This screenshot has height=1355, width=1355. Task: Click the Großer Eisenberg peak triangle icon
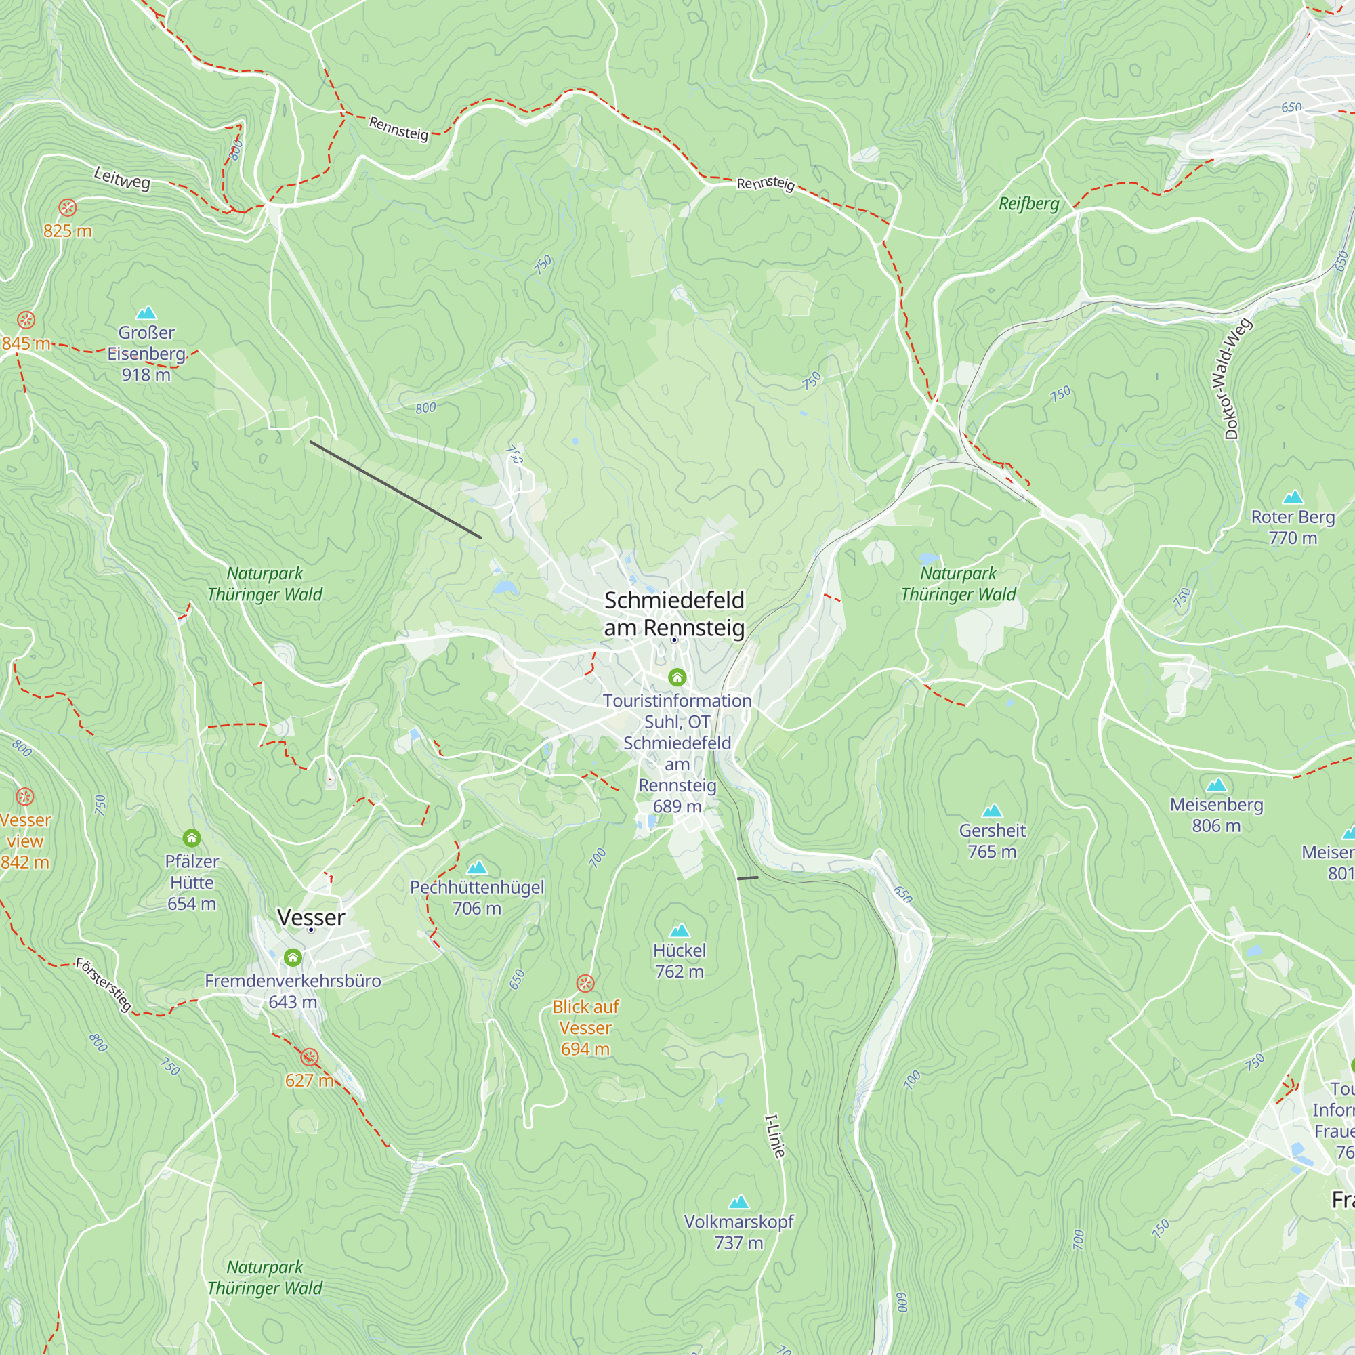146,313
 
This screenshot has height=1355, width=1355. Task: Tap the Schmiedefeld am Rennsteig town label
674,614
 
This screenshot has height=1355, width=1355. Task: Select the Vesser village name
311,917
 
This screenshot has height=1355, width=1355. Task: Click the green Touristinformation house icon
677,677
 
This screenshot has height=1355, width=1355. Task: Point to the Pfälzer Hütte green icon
192,837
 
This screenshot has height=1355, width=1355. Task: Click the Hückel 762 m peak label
679,960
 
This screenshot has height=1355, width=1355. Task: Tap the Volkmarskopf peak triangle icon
738,1202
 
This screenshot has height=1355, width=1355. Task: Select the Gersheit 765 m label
992,841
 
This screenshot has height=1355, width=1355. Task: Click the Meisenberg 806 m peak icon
1216,785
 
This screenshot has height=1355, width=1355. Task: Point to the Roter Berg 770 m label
1293,526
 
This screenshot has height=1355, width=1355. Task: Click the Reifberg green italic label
1028,203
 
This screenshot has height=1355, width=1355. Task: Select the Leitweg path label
122,178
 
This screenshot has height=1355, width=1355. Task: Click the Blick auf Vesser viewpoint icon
585,982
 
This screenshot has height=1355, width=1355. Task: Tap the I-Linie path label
774,1135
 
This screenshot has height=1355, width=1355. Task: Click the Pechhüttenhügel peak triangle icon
477,868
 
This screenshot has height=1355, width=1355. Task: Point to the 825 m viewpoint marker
67,207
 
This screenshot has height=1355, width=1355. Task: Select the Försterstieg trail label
104,984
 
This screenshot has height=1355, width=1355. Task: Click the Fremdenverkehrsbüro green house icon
293,957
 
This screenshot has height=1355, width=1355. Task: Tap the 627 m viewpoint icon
310,1057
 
